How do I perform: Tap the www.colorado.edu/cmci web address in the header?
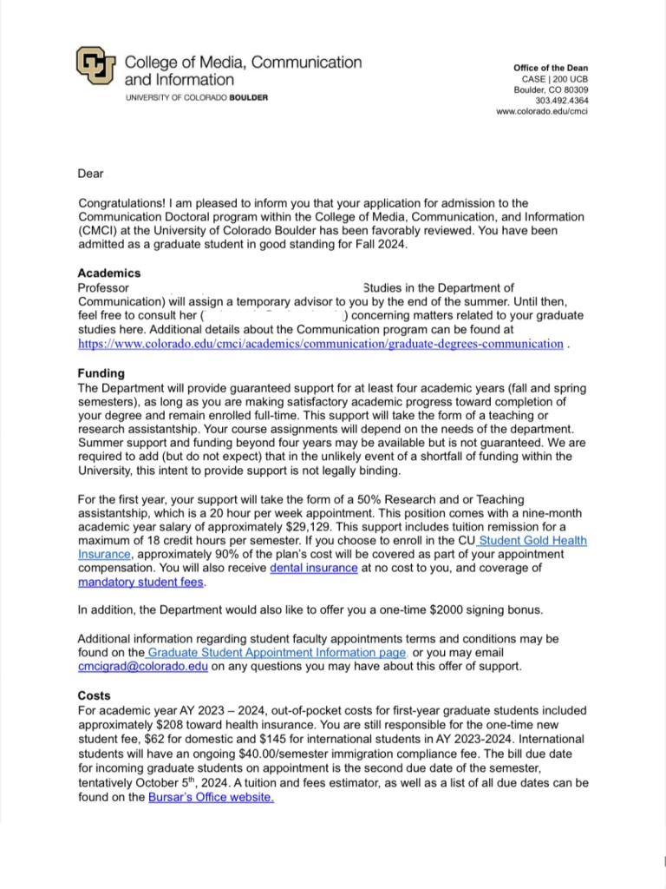click(x=542, y=112)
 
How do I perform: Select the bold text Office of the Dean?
click(x=551, y=68)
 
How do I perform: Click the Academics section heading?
click(x=108, y=273)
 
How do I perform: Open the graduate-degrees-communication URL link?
click(x=320, y=344)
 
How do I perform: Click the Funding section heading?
click(x=101, y=372)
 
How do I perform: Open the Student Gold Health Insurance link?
click(x=532, y=541)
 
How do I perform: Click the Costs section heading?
click(x=94, y=695)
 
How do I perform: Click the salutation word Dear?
click(x=90, y=174)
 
